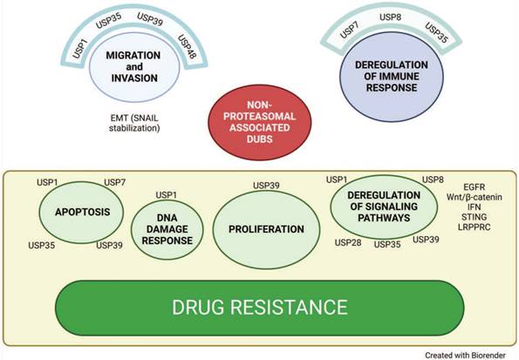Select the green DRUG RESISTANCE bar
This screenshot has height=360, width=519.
[x=259, y=307]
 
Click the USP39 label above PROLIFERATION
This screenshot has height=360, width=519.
[x=266, y=186]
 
